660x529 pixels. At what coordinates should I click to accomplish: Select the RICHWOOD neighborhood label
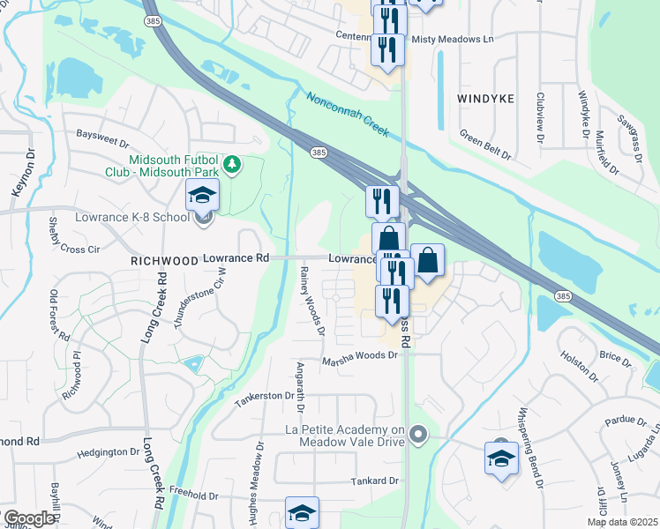tap(164, 262)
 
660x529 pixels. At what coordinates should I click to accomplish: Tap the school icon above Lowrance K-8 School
tap(202, 194)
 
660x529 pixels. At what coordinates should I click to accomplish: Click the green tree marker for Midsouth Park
tap(231, 165)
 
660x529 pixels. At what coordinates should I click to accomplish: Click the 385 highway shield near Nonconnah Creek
tap(319, 153)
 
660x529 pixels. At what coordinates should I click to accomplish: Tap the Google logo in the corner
tap(29, 518)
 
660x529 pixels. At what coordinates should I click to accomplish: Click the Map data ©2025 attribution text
tap(622, 522)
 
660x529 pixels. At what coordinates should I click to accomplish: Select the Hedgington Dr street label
tap(102, 452)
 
